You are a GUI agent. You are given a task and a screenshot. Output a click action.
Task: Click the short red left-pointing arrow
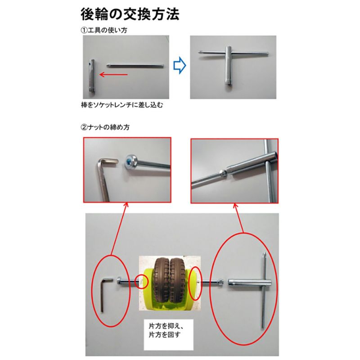pyautogui.click(x=114, y=74)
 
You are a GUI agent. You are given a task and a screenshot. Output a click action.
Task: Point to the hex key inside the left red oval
pyautogui.click(x=104, y=292)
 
